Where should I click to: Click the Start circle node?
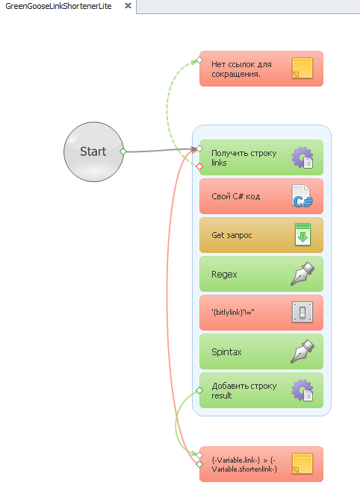93,151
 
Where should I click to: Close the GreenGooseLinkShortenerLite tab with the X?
128,6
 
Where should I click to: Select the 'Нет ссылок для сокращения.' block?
261,69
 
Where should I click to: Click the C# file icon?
302,196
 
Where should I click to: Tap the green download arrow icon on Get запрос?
302,235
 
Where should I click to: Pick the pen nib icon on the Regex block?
302,274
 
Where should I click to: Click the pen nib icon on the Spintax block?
302,351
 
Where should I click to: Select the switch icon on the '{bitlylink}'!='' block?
302,312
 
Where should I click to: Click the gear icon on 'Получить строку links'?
302,157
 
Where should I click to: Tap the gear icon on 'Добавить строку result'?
302,390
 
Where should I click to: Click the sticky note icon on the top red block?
302,68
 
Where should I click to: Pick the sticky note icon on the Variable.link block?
302,463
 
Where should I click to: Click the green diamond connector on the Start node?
123,151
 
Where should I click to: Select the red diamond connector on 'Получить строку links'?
199,166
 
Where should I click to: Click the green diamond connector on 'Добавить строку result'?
199,391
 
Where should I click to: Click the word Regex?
224,275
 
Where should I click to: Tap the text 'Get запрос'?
232,235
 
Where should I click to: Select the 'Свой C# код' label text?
236,196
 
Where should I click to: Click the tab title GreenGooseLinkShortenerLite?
59,6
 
